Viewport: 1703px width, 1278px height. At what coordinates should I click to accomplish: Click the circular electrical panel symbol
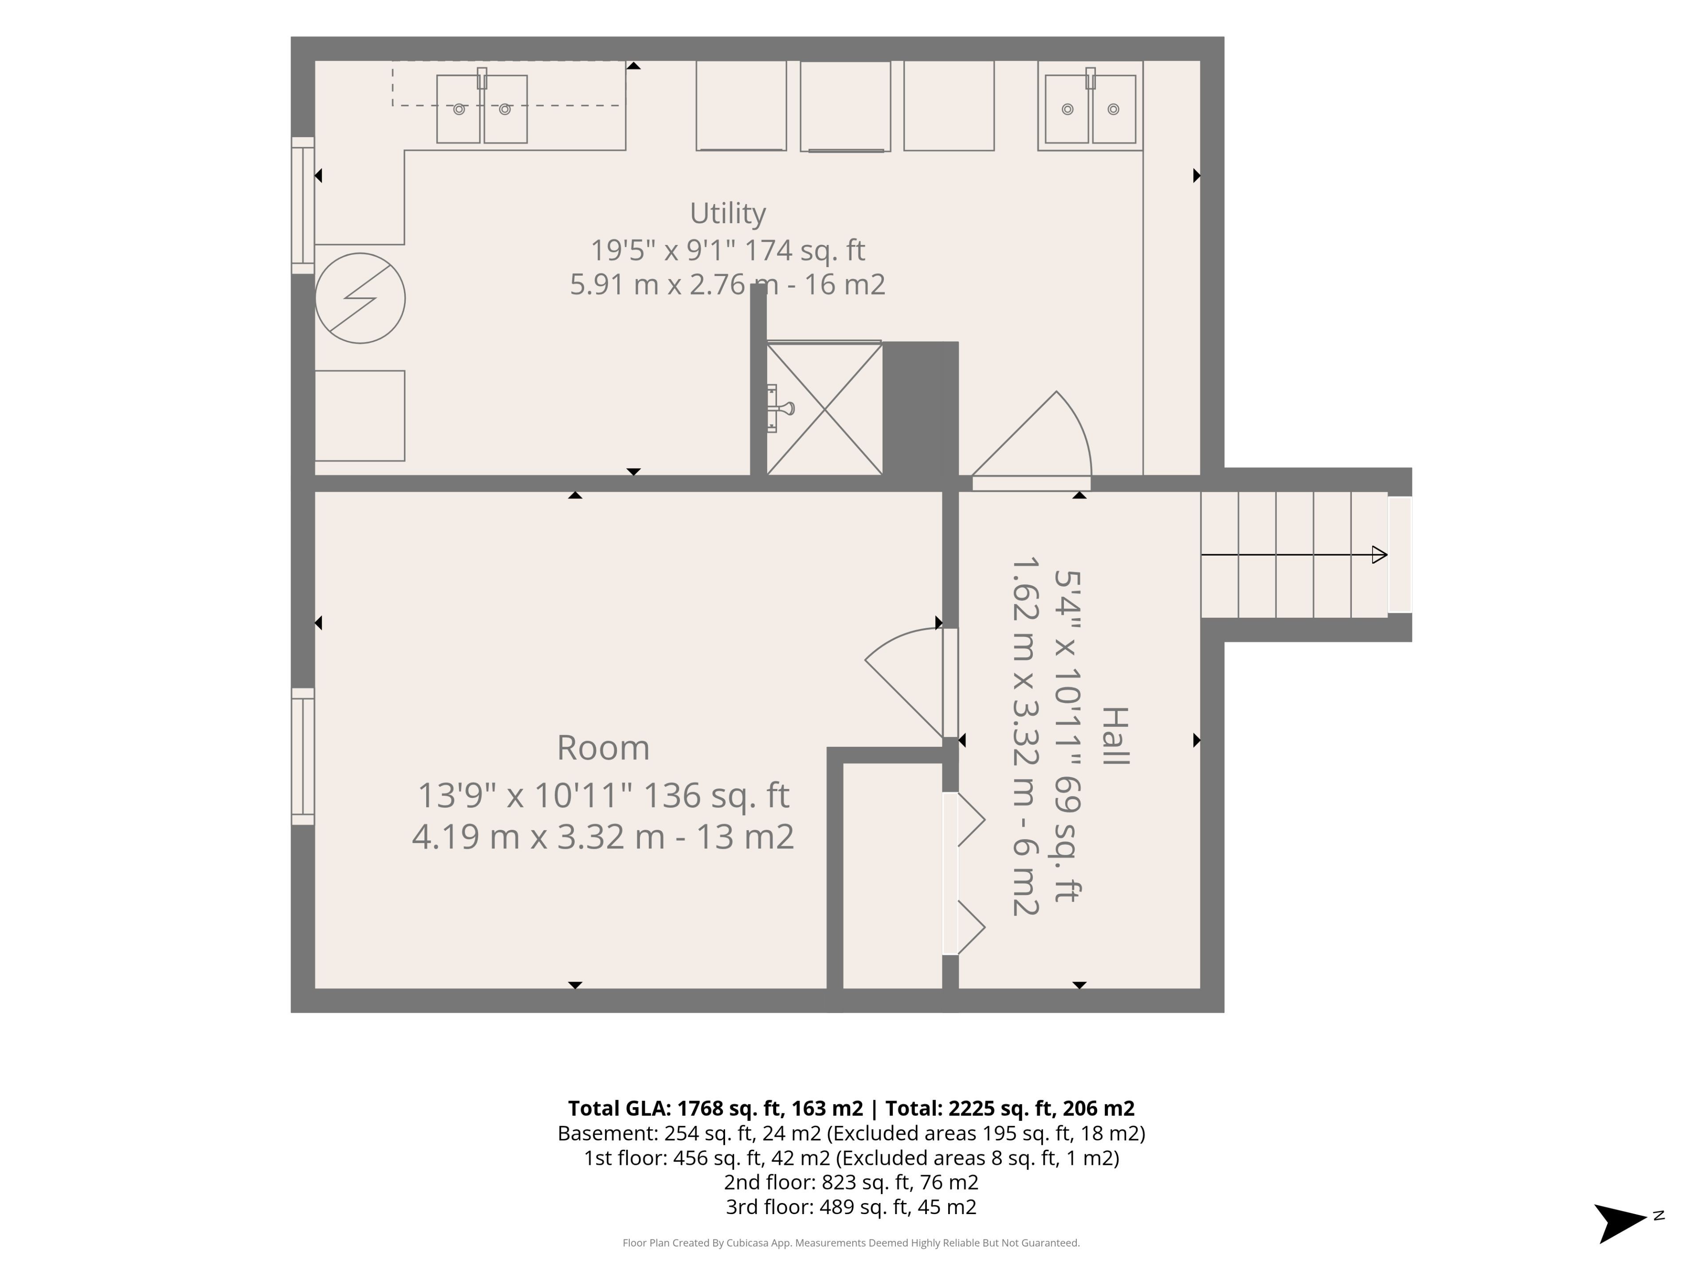click(360, 298)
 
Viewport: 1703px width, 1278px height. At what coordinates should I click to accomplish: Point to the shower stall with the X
click(824, 409)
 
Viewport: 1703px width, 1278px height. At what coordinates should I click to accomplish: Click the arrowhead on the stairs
click(1380, 555)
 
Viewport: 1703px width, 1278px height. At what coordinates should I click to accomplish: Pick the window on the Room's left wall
click(302, 757)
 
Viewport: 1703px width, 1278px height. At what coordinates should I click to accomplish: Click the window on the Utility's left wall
click(302, 205)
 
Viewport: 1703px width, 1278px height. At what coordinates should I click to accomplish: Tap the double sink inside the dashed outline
click(482, 108)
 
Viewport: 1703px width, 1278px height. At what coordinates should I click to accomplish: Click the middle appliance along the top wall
click(845, 106)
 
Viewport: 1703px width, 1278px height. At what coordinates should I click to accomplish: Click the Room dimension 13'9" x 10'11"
click(526, 796)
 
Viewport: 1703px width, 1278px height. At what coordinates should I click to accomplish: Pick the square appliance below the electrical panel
click(360, 416)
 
